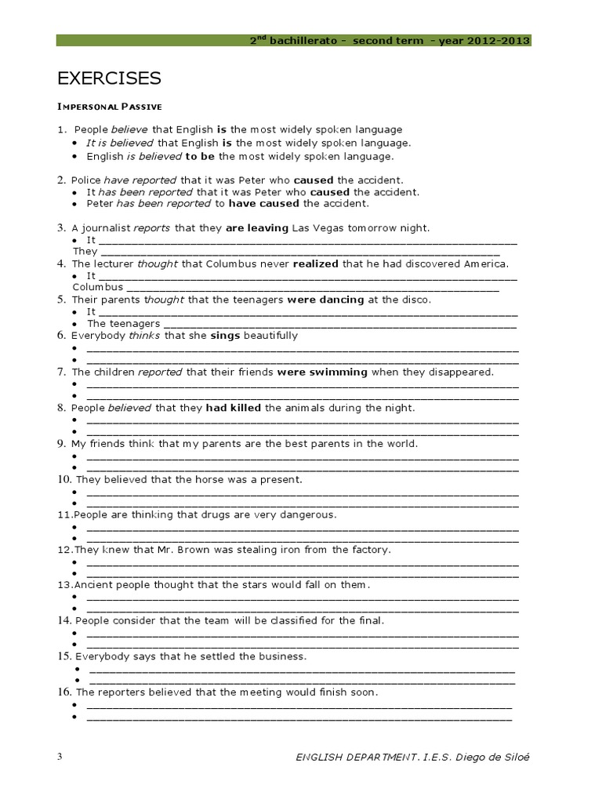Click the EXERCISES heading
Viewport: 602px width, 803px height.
[109, 78]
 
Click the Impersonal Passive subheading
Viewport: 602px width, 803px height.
[109, 106]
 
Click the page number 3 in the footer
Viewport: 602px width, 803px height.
[60, 756]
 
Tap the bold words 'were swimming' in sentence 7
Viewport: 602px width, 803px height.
[322, 372]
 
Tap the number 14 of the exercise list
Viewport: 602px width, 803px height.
[63, 620]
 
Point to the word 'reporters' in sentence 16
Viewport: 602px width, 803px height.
[124, 692]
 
